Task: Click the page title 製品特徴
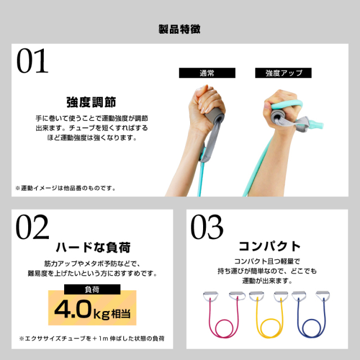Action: (179, 29)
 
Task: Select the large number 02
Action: (33, 228)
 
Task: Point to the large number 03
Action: (207, 228)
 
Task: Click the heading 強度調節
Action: (91, 102)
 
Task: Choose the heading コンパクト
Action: (270, 247)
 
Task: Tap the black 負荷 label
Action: (91, 290)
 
